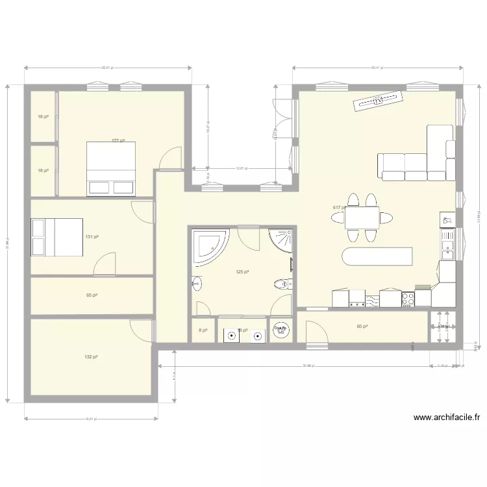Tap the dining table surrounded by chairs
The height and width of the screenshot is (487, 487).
[x=362, y=217]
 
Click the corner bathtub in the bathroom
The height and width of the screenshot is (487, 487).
[x=210, y=244]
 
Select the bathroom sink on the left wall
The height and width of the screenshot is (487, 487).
[x=197, y=284]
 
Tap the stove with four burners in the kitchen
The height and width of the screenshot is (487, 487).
[x=408, y=299]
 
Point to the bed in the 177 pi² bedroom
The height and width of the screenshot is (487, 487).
[x=111, y=169]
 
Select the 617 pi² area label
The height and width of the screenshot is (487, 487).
[x=339, y=208]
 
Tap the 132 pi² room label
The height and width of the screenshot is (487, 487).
[x=91, y=357]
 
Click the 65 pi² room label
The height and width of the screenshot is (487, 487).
[x=92, y=295]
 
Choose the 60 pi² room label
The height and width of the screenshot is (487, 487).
[x=362, y=327]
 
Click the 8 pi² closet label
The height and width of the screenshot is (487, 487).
[x=202, y=331]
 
